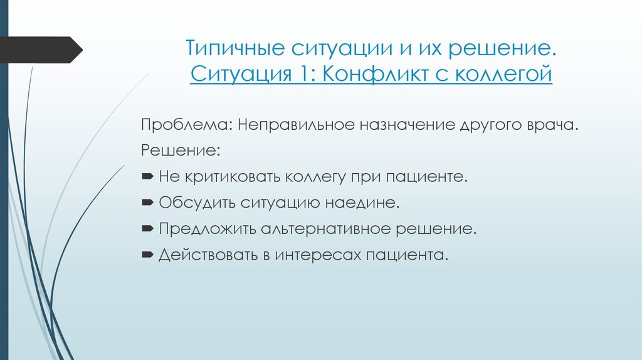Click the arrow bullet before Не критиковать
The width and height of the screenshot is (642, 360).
147,177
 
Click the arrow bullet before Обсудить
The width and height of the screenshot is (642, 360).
147,203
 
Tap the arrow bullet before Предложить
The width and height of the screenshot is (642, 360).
147,229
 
